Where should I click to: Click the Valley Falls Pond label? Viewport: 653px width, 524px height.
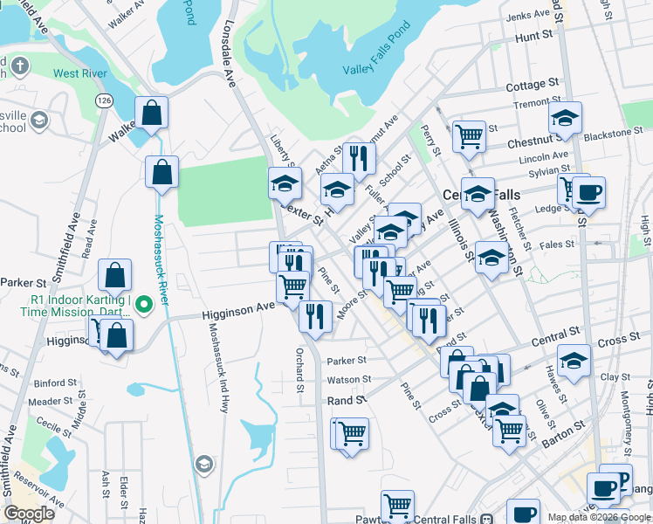pos(375,70)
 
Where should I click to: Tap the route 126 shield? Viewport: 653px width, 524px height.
pos(105,101)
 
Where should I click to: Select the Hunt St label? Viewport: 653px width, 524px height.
pos(535,37)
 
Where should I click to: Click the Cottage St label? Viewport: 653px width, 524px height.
pos(532,85)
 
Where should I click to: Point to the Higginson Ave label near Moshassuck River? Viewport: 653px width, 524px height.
pos(238,309)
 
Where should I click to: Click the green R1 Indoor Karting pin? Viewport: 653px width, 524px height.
pos(148,305)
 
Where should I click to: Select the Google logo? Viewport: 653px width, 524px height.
pos(29,514)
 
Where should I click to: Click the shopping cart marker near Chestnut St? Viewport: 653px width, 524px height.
pos(470,135)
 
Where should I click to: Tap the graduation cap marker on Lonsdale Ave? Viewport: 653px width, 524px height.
pos(285,183)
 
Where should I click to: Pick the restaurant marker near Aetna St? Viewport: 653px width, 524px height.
pos(358,158)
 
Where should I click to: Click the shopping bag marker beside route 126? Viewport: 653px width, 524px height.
pos(151,112)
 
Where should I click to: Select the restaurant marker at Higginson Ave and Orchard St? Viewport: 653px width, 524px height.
pos(315,315)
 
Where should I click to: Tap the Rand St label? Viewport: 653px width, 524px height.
pos(347,400)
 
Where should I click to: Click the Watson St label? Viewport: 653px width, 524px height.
pos(348,380)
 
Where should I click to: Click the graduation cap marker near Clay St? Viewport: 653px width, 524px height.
pos(574,360)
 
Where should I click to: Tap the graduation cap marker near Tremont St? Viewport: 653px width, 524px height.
pos(566,117)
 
